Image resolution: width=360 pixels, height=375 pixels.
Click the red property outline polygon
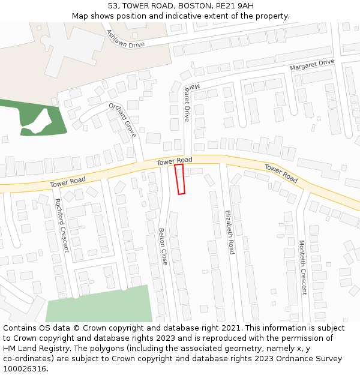[x=179, y=179]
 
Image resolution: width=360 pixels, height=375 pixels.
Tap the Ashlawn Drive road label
[x=125, y=39]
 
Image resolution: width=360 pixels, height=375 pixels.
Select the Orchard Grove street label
[x=122, y=119]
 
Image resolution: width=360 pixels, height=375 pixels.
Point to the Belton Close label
[x=163, y=246]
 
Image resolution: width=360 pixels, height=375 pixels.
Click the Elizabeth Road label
[x=229, y=232]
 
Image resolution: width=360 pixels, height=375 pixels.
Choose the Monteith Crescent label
[x=302, y=268]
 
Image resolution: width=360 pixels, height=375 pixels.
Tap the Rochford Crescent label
[x=62, y=226]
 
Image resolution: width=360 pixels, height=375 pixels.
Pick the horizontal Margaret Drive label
[x=312, y=65]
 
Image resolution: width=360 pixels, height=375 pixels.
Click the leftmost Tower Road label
[x=68, y=181]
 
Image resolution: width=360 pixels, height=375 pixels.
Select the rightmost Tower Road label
[x=281, y=173]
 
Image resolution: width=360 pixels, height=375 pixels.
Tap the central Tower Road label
[x=175, y=161]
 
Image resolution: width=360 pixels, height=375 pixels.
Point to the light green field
[x=99, y=305]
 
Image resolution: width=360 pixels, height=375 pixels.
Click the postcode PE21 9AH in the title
[x=233, y=6]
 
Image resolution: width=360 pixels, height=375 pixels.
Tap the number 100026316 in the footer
[x=24, y=368]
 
